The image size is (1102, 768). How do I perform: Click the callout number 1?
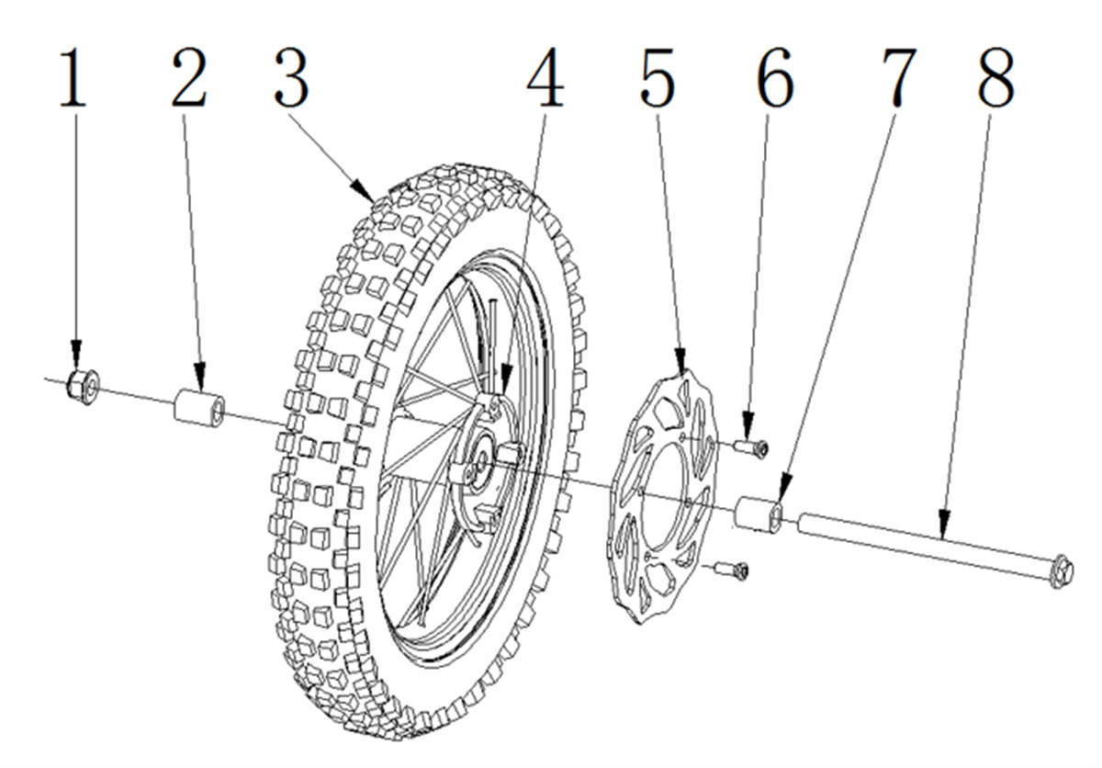[x=73, y=78]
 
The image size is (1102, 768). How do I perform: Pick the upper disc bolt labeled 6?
[x=751, y=447]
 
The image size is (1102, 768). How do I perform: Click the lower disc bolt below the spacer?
[x=732, y=571]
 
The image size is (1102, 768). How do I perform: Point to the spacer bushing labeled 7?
[x=759, y=514]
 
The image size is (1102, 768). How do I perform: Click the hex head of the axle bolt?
[x=1062, y=571]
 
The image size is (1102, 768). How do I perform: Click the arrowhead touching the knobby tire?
[x=363, y=191]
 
